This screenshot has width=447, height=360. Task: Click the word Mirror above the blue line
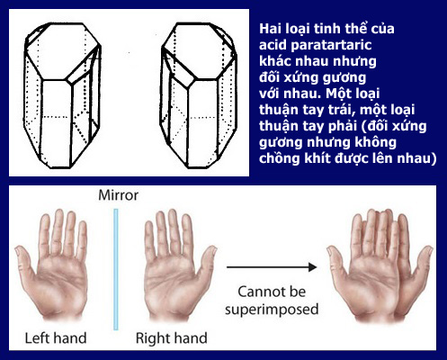119,195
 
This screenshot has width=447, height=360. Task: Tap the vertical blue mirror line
116,269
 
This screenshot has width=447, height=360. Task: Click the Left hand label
56,337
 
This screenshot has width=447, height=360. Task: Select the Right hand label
171,337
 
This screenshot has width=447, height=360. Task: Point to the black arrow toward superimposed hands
272,267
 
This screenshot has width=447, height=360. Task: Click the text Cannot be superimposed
272,301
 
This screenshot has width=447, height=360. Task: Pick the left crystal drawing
62,95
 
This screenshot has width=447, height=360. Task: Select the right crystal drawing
199,95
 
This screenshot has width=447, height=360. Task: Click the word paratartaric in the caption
331,45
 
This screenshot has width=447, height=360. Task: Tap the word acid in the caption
273,45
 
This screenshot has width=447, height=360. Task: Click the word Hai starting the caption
270,29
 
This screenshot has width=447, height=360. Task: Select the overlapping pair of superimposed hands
380,267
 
